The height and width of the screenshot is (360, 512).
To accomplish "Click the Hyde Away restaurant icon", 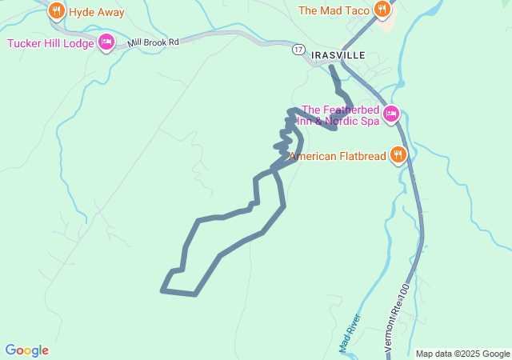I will coord(56,11).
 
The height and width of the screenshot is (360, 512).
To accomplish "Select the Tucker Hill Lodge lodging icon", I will coord(106,42).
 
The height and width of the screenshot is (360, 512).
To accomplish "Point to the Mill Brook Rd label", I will coord(153,42).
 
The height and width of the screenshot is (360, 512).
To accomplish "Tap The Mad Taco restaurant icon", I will coord(384,10).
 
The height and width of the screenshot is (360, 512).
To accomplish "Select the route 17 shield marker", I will coord(298,50).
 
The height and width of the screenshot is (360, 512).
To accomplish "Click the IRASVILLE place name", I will coord(338,54).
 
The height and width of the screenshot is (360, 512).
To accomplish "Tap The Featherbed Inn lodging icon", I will coord(391,114).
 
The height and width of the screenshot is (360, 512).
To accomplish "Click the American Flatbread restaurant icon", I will coord(398,155).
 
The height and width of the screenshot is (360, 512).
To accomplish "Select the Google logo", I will coord(26,350).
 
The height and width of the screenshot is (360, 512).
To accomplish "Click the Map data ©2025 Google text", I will coord(462,354).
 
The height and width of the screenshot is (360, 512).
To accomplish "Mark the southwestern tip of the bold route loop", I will coord(163,290).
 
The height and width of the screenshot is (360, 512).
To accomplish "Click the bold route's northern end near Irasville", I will coord(331,67).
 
